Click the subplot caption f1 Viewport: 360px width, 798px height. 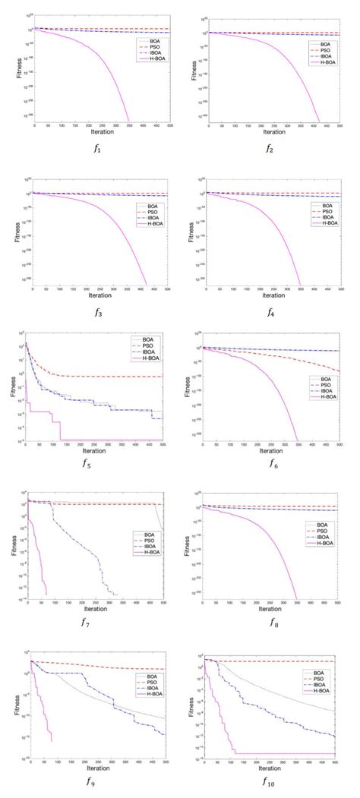(96, 148)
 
